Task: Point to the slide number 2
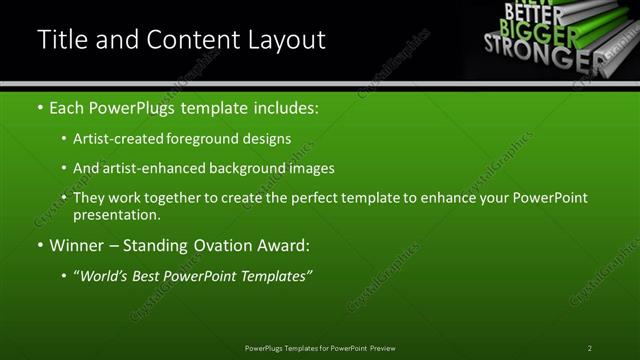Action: click(x=589, y=348)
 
